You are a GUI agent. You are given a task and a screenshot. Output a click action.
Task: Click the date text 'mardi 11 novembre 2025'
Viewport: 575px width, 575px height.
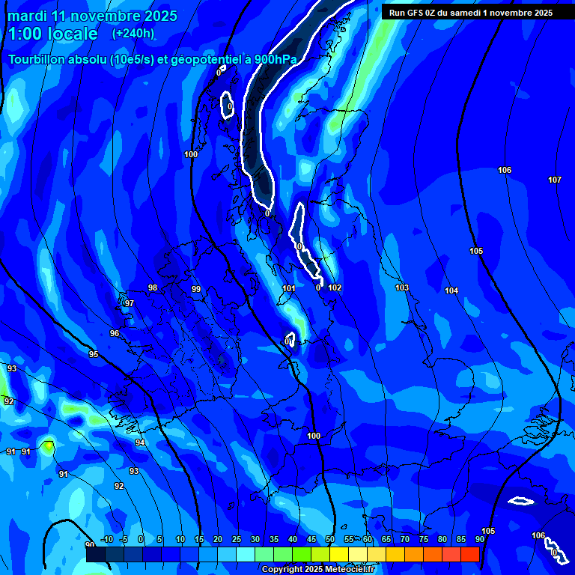92,16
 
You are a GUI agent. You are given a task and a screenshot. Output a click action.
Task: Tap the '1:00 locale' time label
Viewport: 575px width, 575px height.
52,34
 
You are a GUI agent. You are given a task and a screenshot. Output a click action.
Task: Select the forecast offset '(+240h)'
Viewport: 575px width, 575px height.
133,33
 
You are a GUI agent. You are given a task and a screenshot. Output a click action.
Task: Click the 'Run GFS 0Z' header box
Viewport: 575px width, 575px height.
471,12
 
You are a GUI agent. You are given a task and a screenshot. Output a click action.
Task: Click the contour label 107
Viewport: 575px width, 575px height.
555,180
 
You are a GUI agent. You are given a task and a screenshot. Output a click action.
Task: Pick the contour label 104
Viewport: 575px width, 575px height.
451,290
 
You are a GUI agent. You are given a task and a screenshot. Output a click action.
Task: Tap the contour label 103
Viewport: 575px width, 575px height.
402,287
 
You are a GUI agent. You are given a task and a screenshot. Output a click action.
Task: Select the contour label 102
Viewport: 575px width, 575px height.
335,287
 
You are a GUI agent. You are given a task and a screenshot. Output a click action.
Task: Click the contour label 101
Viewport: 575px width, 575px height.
289,288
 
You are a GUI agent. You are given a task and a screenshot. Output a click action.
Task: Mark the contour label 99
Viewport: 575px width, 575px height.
196,289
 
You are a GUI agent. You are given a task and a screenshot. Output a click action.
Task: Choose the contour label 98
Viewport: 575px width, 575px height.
153,287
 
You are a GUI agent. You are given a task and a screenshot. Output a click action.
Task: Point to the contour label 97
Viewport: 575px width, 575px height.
130,303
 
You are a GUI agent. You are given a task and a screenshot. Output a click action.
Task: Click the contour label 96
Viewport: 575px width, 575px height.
115,333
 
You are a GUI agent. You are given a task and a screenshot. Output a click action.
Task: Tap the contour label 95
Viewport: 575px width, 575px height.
94,354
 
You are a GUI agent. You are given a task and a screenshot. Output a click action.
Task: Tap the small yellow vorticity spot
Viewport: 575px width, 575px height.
49,446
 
